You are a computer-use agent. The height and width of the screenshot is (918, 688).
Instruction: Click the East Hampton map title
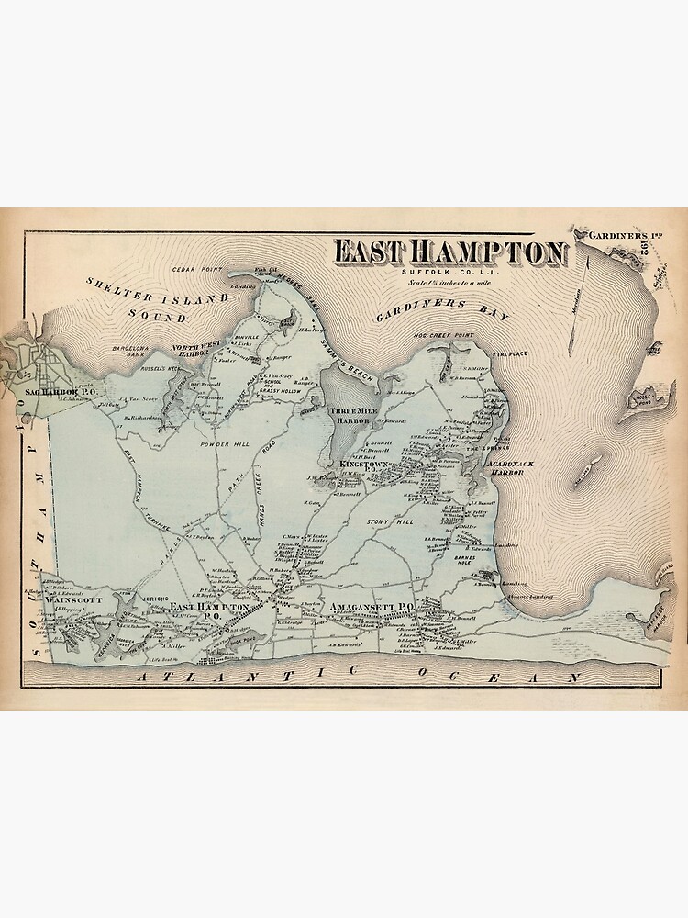tap(449, 252)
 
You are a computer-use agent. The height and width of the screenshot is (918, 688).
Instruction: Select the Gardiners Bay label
tap(441, 308)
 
